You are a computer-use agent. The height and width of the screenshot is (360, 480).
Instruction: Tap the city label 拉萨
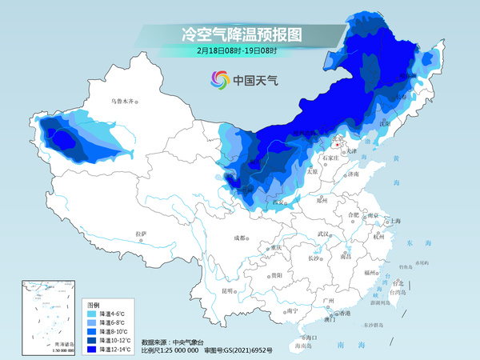click(142, 234)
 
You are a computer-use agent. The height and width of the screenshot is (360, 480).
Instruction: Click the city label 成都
click(240, 238)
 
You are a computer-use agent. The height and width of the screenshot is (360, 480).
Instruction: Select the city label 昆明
click(228, 290)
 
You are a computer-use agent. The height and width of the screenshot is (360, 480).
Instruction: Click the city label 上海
click(393, 221)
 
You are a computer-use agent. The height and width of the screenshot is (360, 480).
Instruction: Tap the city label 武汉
click(323, 234)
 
